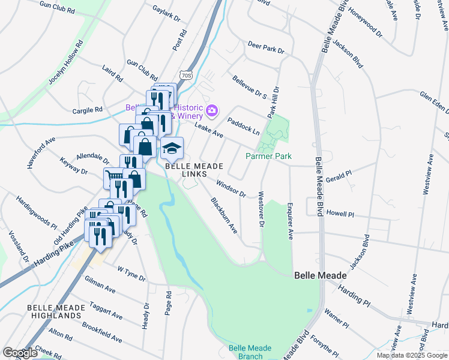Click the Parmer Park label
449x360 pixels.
click(268, 156)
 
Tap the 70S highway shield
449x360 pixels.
click(186, 76)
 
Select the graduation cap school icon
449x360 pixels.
click(172, 147)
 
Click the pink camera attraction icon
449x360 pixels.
click(211, 110)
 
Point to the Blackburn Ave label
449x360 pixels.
click(224, 215)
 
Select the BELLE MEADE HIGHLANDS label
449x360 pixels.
click(53, 311)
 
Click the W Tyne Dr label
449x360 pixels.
click(131, 273)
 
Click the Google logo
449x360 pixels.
click(20, 353)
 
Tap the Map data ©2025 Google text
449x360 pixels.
click(412, 355)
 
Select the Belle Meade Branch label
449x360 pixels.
click(250, 352)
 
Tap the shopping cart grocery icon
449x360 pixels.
click(112, 176)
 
